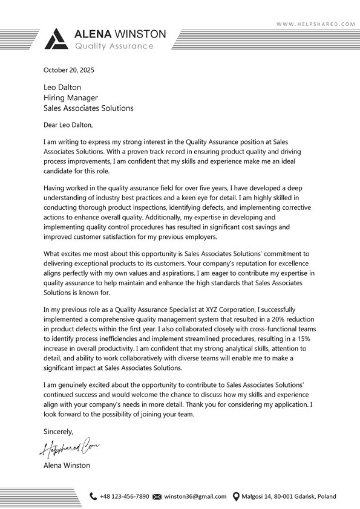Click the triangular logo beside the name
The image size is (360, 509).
tap(56, 39)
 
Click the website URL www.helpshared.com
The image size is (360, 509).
tap(316, 24)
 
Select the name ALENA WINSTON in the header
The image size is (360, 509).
tap(120, 34)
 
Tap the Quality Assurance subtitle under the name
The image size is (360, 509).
tap(114, 46)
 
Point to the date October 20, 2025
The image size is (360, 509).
tap(69, 70)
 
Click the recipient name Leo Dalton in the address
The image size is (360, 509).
tap(62, 88)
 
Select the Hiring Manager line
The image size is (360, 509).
tap(70, 98)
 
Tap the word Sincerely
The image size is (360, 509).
tap(59, 432)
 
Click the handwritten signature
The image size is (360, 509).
tap(70, 448)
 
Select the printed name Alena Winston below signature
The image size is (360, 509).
tap(67, 465)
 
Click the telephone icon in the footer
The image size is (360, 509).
tap(93, 496)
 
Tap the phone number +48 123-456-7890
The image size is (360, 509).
tap(124, 496)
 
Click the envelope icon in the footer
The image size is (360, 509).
tap(157, 496)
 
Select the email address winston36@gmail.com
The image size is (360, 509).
tap(195, 496)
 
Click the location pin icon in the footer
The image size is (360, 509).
tap(236, 496)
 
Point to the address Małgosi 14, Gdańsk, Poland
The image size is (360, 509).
tap(289, 496)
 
